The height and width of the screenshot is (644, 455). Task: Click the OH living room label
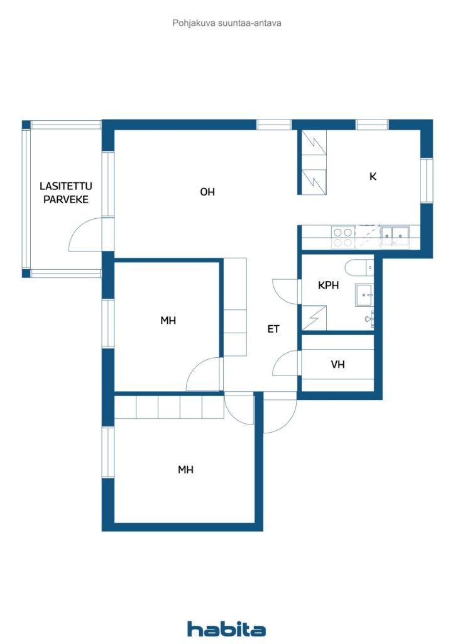point(207,192)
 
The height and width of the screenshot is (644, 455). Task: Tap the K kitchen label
point(373,176)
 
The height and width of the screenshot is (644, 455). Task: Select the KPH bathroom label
point(328,285)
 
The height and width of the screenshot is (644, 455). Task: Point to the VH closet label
point(337,364)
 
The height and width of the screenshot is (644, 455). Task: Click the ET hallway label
point(273,329)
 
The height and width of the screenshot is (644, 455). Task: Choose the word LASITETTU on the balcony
point(65,186)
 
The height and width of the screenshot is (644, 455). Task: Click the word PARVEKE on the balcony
point(66,199)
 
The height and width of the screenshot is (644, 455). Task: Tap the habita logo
point(226,629)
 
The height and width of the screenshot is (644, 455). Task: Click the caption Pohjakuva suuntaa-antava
point(227,23)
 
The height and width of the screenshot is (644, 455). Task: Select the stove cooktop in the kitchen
point(343,237)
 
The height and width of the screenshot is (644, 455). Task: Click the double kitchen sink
point(395,236)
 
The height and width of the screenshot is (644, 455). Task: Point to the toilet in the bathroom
point(359,268)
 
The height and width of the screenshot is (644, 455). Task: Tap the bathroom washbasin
point(365,295)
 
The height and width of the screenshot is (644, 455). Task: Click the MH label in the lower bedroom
point(185,469)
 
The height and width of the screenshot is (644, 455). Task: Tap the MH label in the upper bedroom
point(168,320)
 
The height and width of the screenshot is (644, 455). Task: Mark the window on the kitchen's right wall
point(427,180)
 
